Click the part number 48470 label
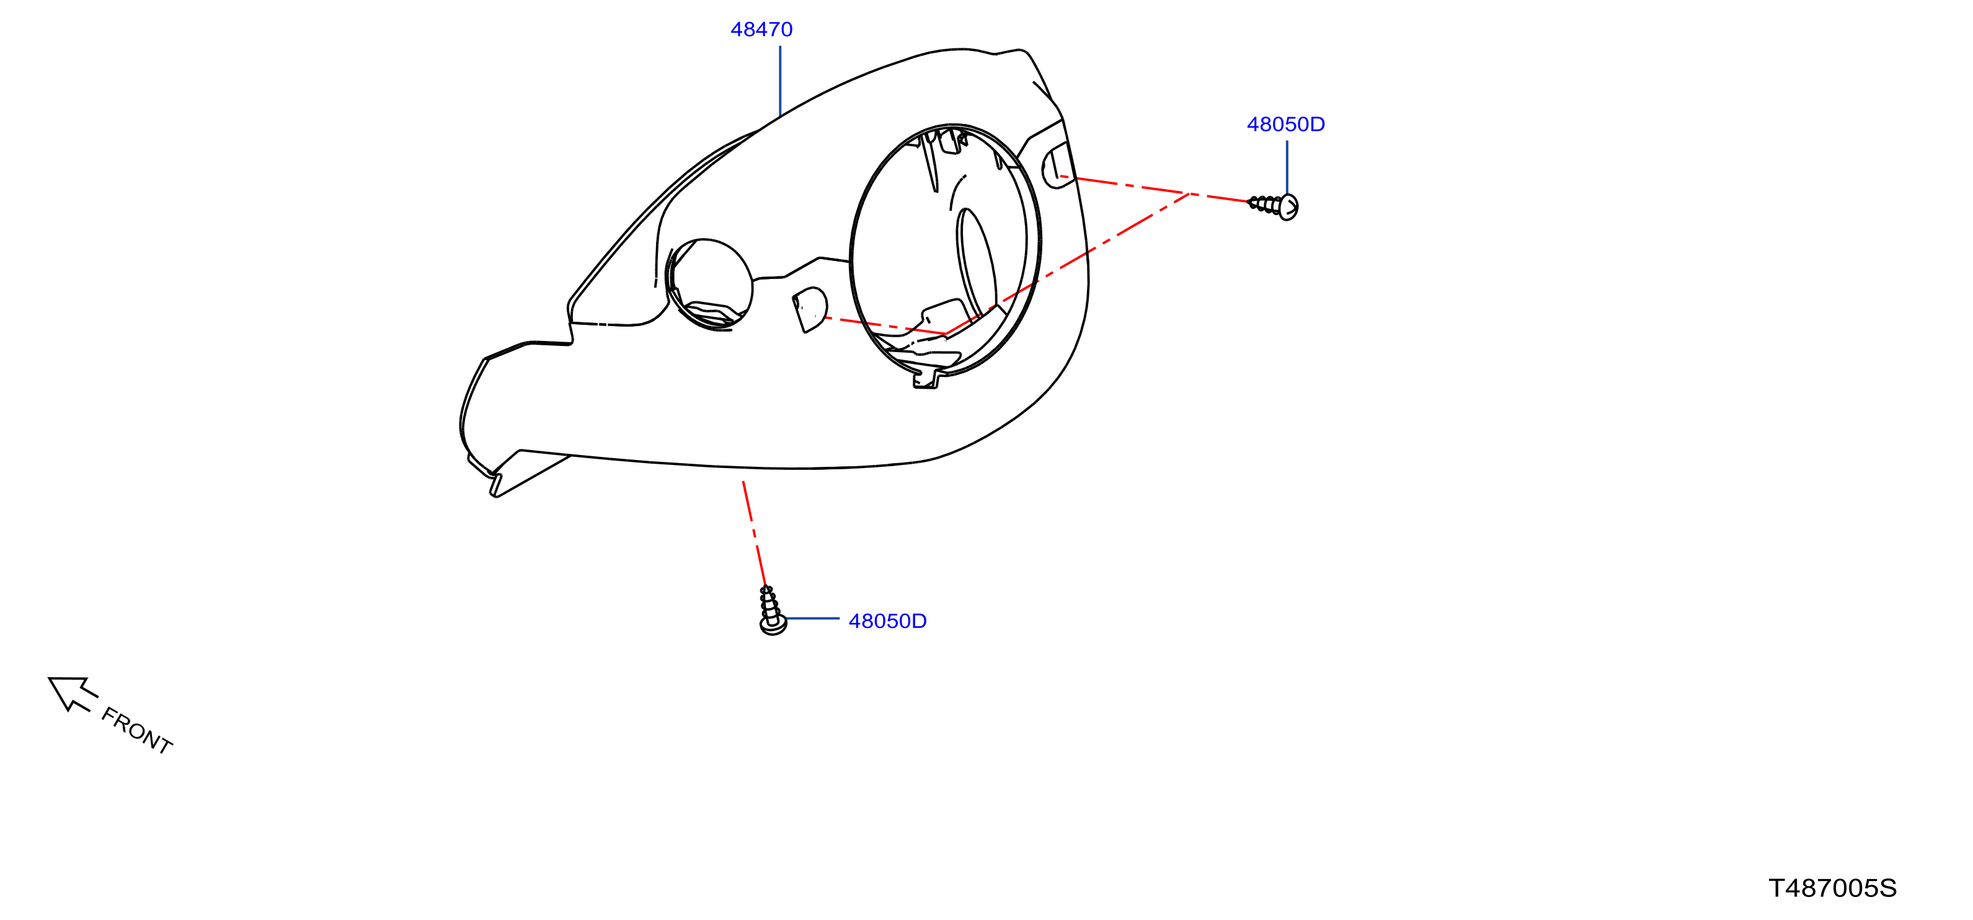[x=761, y=29]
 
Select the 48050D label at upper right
[x=1286, y=124]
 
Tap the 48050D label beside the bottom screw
[x=888, y=621]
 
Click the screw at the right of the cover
[x=1273, y=206]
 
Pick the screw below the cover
[x=771, y=611]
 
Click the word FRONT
[x=136, y=731]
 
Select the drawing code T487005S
[x=1832, y=888]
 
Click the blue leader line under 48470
[x=779, y=81]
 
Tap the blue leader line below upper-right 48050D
[x=1287, y=167]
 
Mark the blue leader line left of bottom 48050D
[x=813, y=618]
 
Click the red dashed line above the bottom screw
[x=755, y=534]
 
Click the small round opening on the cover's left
[x=709, y=284]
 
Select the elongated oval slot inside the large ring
[x=977, y=260]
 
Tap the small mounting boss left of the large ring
[x=810, y=309]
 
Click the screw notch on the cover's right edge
[x=1058, y=166]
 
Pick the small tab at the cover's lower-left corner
[x=495, y=485]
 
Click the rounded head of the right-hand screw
[x=1288, y=208]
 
